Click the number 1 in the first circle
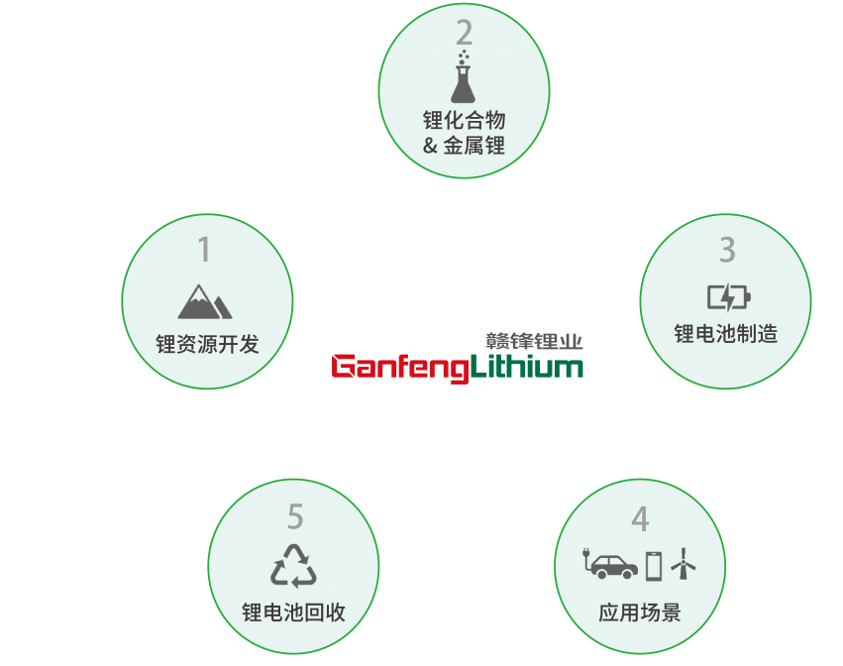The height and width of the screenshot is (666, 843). coord(204,250)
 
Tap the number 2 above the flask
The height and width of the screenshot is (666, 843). coord(465,34)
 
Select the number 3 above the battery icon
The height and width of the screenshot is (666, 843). coord(727,250)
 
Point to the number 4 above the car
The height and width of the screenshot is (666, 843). coord(640,518)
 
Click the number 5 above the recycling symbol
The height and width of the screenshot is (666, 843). coord(294,516)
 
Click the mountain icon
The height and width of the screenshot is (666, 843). coord(205,301)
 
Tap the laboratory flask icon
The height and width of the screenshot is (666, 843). coord(464,79)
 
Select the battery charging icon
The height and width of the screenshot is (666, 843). coord(728,296)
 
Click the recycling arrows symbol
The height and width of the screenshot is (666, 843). coord(293,565)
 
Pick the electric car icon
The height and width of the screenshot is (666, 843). coord(609,565)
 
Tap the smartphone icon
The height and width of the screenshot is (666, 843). coord(654,565)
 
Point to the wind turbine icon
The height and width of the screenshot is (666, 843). coord(684,565)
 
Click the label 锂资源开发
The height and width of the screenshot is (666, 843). coord(207,345)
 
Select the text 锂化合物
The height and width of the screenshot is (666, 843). coord(465,121)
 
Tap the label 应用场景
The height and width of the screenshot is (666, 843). coord(640,611)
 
